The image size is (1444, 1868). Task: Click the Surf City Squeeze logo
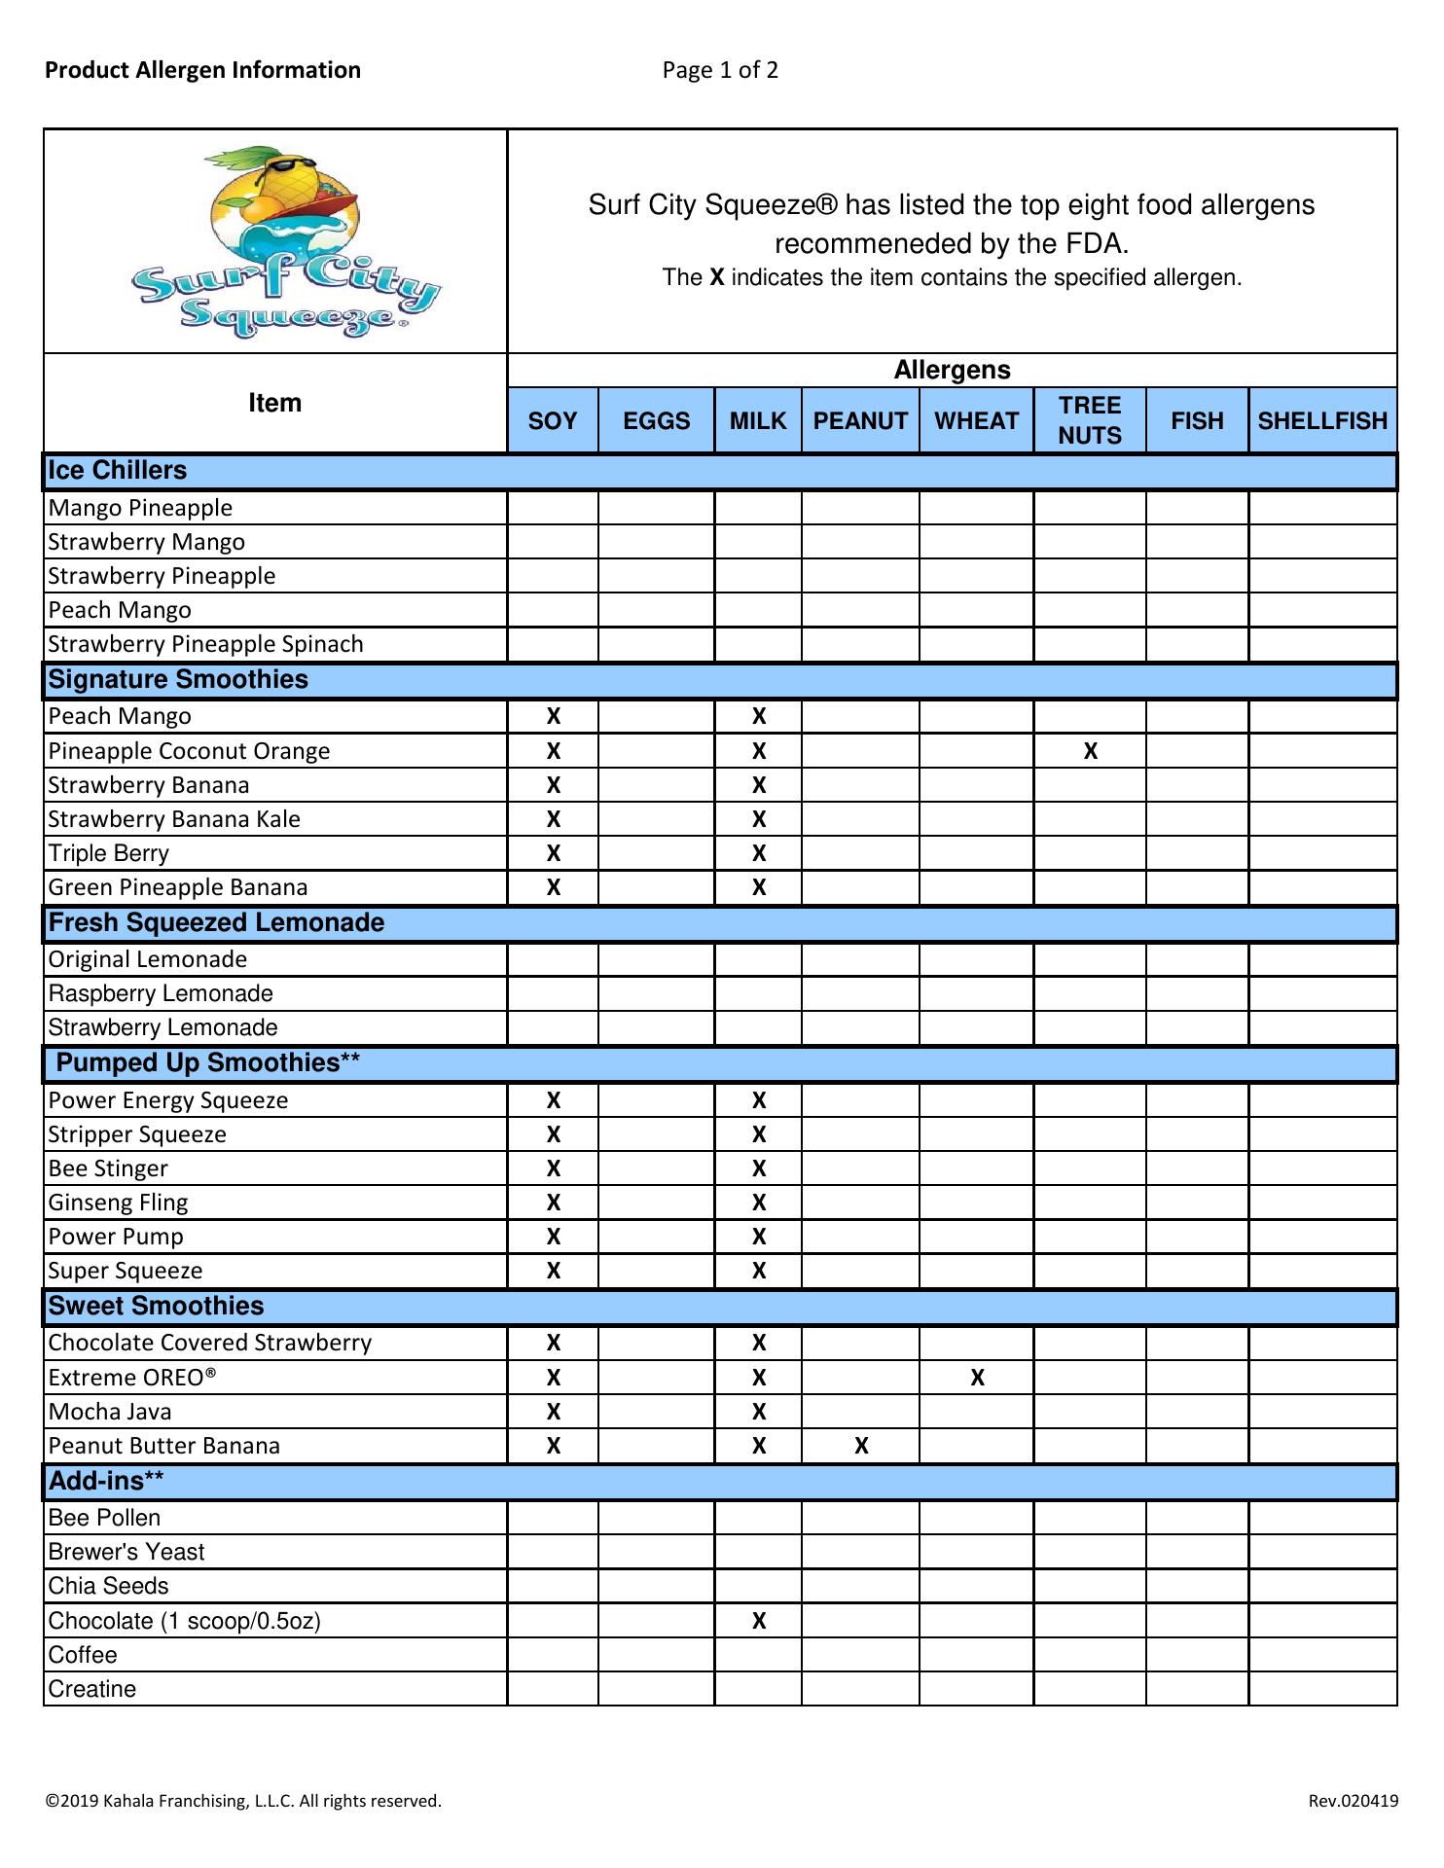pyautogui.click(x=285, y=241)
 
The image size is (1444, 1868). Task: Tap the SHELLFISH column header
pyautogui.click(x=1322, y=420)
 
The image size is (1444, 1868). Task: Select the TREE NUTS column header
pyautogui.click(x=1090, y=420)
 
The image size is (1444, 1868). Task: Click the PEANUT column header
pyautogui.click(x=860, y=420)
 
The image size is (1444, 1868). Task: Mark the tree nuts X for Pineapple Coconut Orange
pyautogui.click(x=1091, y=751)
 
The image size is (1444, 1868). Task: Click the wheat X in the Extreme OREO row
pyautogui.click(x=978, y=1378)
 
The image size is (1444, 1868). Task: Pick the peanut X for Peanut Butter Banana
pyautogui.click(x=861, y=1446)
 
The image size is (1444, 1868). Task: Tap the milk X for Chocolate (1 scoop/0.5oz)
pyautogui.click(x=759, y=1621)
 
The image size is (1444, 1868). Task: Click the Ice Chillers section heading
pyautogui.click(x=118, y=470)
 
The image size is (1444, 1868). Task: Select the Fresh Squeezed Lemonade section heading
pyautogui.click(x=216, y=922)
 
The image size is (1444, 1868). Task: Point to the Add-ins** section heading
pyautogui.click(x=106, y=1481)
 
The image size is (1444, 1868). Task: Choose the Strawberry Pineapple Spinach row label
pyautogui.click(x=205, y=644)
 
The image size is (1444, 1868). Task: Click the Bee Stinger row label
pyautogui.click(x=108, y=1168)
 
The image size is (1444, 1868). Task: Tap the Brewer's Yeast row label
pyautogui.click(x=126, y=1552)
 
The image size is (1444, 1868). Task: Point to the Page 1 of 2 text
pyautogui.click(x=720, y=70)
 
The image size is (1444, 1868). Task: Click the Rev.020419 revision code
pyautogui.click(x=1353, y=1801)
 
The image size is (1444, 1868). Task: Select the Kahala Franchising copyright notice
pyautogui.click(x=243, y=1801)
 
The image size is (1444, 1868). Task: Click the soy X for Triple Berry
pyautogui.click(x=554, y=853)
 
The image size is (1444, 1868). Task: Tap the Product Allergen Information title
pyautogui.click(x=202, y=70)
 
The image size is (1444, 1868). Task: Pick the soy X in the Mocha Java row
pyautogui.click(x=554, y=1412)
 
